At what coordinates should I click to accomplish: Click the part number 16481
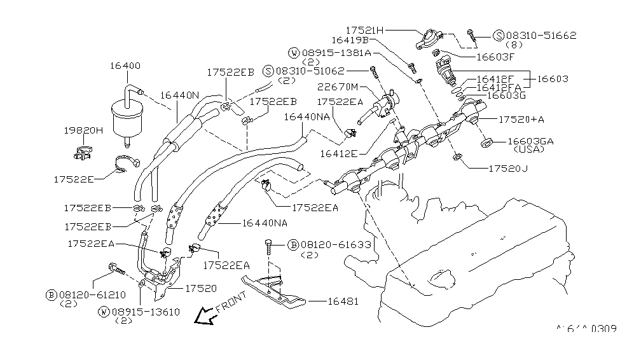[x=343, y=301]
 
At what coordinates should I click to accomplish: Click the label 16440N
[x=179, y=95]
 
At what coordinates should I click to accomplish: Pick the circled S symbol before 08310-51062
[x=269, y=71]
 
